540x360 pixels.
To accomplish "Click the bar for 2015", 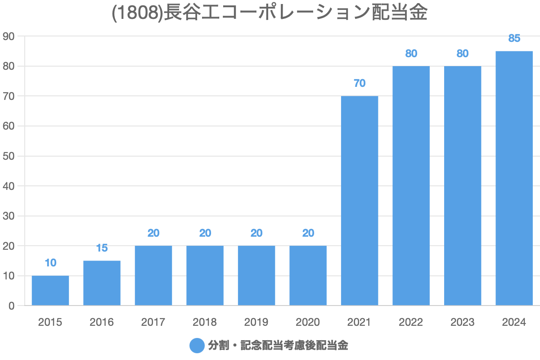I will point(50,291).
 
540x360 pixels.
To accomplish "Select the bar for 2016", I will point(102,283).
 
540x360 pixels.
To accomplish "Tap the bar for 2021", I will point(360,201).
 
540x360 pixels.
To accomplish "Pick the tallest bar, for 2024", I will point(514,178).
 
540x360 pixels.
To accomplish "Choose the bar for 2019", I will point(256,275).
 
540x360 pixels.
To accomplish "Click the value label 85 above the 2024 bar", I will point(514,38).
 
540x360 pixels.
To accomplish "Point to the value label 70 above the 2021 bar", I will point(360,83).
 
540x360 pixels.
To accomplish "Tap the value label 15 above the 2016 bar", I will point(102,248).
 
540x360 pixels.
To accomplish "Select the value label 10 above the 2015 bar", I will point(50,263).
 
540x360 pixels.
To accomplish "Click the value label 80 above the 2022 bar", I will point(411,54).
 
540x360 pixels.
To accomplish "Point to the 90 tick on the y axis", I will point(9,36).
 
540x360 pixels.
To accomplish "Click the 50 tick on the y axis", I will point(9,156).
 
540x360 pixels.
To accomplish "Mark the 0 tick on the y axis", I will point(11,306).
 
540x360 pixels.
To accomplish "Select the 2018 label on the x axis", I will point(205,322).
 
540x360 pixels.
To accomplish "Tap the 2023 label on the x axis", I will point(463,322).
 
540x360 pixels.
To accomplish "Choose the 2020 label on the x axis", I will point(308,322).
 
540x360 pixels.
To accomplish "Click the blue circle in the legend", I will point(197,346).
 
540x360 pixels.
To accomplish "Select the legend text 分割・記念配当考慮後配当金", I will point(278,346).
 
